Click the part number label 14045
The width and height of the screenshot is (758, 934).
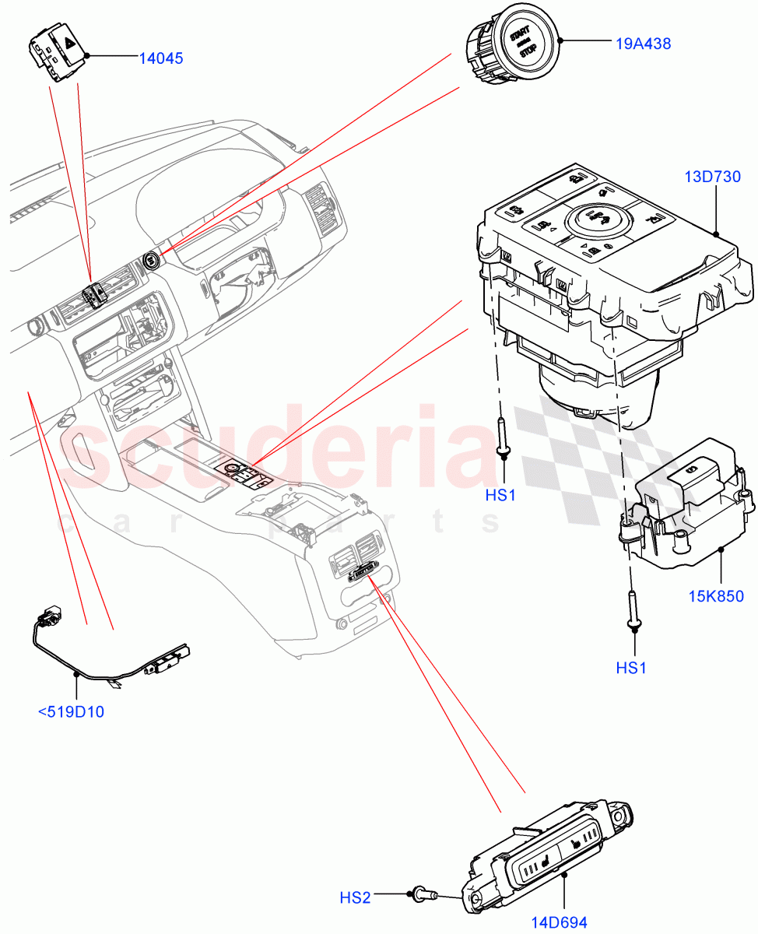(x=161, y=58)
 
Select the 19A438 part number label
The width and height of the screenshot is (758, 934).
(x=643, y=44)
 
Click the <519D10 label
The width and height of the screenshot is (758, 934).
(x=71, y=711)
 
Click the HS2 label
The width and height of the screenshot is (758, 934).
(x=355, y=897)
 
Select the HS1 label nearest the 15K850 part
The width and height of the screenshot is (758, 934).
(x=631, y=667)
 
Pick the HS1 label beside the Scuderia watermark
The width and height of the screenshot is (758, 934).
(x=500, y=494)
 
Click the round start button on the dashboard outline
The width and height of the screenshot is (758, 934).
(x=152, y=260)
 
